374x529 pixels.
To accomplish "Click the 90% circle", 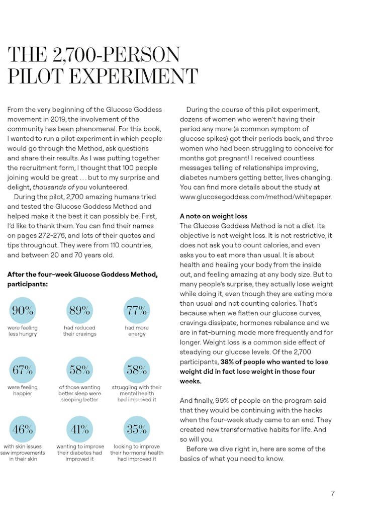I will [23, 310].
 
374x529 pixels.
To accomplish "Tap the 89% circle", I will [79, 310].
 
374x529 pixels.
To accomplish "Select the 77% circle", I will [137, 310].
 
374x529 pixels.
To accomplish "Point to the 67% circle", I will [23, 370].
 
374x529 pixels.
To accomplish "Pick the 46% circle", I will [23, 429].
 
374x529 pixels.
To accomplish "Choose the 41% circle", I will [79, 429].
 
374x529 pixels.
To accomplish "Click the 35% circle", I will [137, 429].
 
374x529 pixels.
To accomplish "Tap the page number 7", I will [333, 493].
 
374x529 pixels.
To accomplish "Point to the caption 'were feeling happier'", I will [23, 390].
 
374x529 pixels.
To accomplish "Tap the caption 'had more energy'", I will [137, 331].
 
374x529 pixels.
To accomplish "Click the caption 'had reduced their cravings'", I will [79, 331].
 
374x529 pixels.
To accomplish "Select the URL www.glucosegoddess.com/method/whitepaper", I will [256, 197].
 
